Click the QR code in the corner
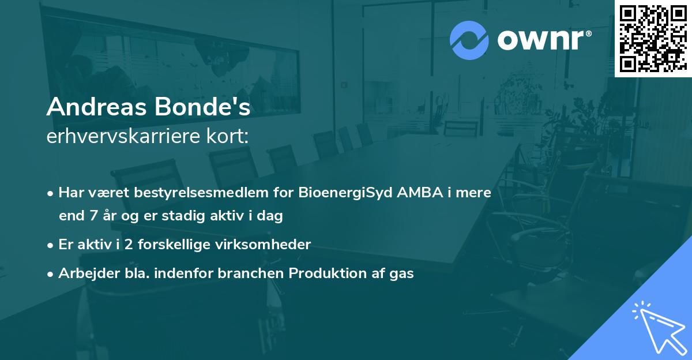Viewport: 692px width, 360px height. tap(652, 38)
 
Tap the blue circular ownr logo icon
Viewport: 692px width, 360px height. tap(469, 40)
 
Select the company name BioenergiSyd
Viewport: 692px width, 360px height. tap(346, 193)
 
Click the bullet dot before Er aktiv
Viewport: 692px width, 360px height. tap(51, 245)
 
